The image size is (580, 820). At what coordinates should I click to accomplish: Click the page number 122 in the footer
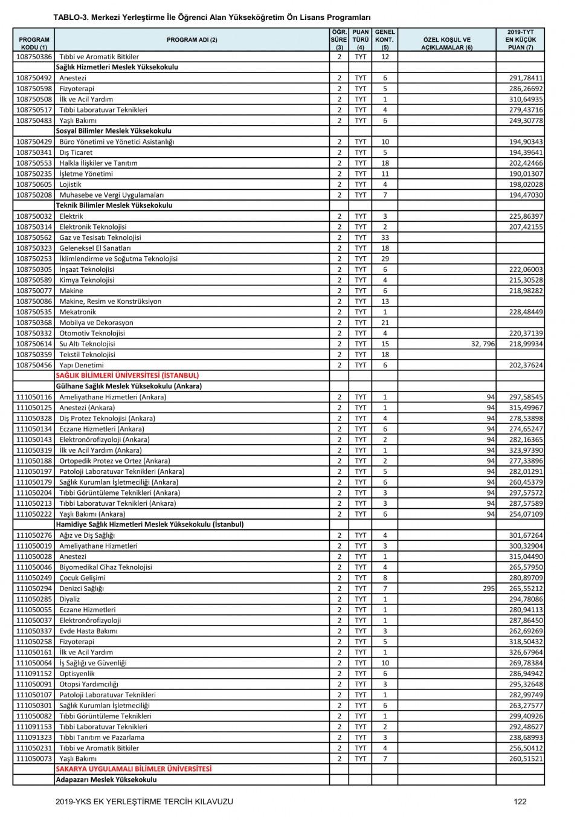coord(520,801)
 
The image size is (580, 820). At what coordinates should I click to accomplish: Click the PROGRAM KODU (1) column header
coord(34,43)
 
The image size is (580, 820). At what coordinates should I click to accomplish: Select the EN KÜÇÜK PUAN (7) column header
coord(520,39)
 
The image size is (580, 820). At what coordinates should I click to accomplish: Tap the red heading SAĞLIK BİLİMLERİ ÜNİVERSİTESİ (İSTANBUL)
coord(127,375)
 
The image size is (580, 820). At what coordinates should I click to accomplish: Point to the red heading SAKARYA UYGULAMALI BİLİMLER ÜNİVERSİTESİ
coord(134,769)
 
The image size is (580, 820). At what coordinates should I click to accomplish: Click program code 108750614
coord(34,344)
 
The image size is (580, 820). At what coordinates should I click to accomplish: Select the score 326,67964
coord(526,653)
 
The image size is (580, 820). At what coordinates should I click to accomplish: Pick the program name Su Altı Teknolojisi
coord(87,344)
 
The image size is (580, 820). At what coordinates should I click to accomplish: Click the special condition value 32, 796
coord(481,344)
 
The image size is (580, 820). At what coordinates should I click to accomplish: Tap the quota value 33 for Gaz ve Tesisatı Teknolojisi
coord(385,237)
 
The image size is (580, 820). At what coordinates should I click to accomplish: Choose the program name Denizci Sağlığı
coord(82,589)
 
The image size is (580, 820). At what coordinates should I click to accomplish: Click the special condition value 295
coord(489,589)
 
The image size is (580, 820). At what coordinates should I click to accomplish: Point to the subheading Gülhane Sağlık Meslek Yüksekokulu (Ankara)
coord(129,386)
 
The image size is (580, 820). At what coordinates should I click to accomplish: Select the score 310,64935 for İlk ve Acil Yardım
coord(526,99)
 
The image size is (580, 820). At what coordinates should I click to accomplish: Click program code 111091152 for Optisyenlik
coord(34,674)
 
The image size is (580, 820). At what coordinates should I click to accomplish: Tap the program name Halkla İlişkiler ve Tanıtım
coord(98,163)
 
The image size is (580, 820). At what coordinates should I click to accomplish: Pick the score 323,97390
coord(526,450)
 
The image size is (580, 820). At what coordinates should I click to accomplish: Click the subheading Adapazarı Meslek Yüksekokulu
coord(106,780)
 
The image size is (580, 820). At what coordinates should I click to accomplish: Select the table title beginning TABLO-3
coord(211,18)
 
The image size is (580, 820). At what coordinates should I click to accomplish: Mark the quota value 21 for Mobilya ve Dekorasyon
coord(385,323)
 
